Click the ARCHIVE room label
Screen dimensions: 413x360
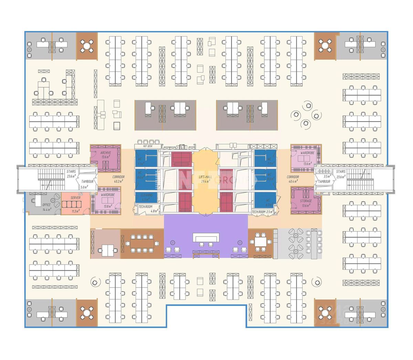[106, 152]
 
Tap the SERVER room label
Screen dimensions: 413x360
[75, 198]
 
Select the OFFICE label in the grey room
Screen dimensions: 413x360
[46, 205]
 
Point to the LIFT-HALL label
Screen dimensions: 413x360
[205, 177]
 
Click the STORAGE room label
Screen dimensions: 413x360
[306, 201]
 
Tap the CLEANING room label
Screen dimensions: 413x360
[147, 195]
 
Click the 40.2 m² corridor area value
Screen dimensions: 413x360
[118, 181]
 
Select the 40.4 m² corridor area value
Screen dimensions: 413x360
[293, 181]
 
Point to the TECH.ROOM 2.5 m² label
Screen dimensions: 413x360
[262, 212]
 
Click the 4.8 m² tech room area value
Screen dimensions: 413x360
[155, 211]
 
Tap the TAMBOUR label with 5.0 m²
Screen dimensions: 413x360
[87, 182]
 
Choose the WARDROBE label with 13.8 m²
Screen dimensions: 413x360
[108, 194]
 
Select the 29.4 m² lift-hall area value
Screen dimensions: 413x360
[205, 181]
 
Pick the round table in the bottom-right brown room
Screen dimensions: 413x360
[325, 313]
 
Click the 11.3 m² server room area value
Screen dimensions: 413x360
[75, 211]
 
